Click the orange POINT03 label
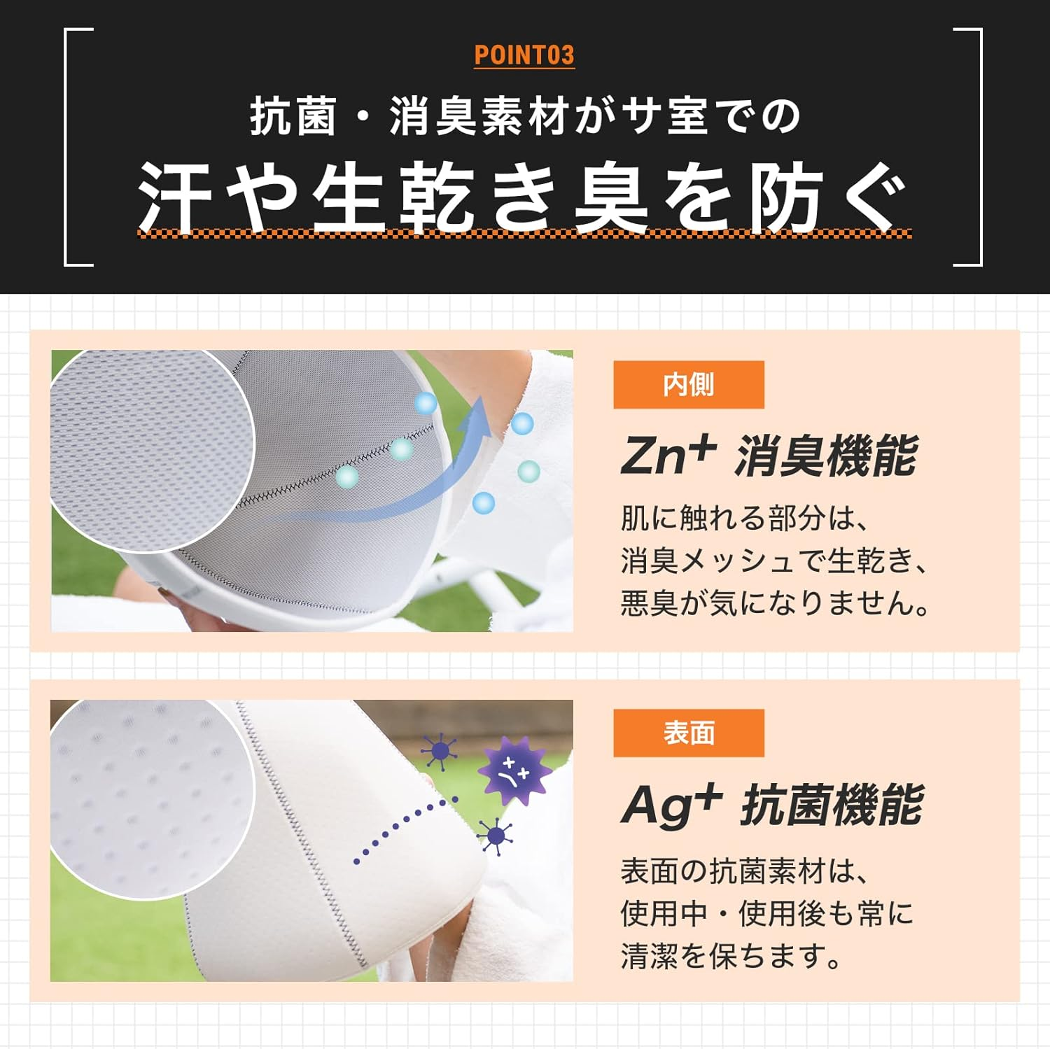click(524, 55)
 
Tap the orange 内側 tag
click(688, 385)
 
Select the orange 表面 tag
click(688, 733)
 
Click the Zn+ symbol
click(668, 455)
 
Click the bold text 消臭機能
click(826, 456)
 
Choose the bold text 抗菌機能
click(832, 805)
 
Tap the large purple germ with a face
click(514, 772)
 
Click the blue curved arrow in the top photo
click(420, 476)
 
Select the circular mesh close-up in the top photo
click(150, 448)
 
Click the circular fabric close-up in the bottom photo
click(150, 798)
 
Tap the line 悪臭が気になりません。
click(774, 603)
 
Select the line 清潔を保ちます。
click(731, 955)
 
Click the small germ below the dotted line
click(496, 836)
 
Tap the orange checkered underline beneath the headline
click(524, 234)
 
